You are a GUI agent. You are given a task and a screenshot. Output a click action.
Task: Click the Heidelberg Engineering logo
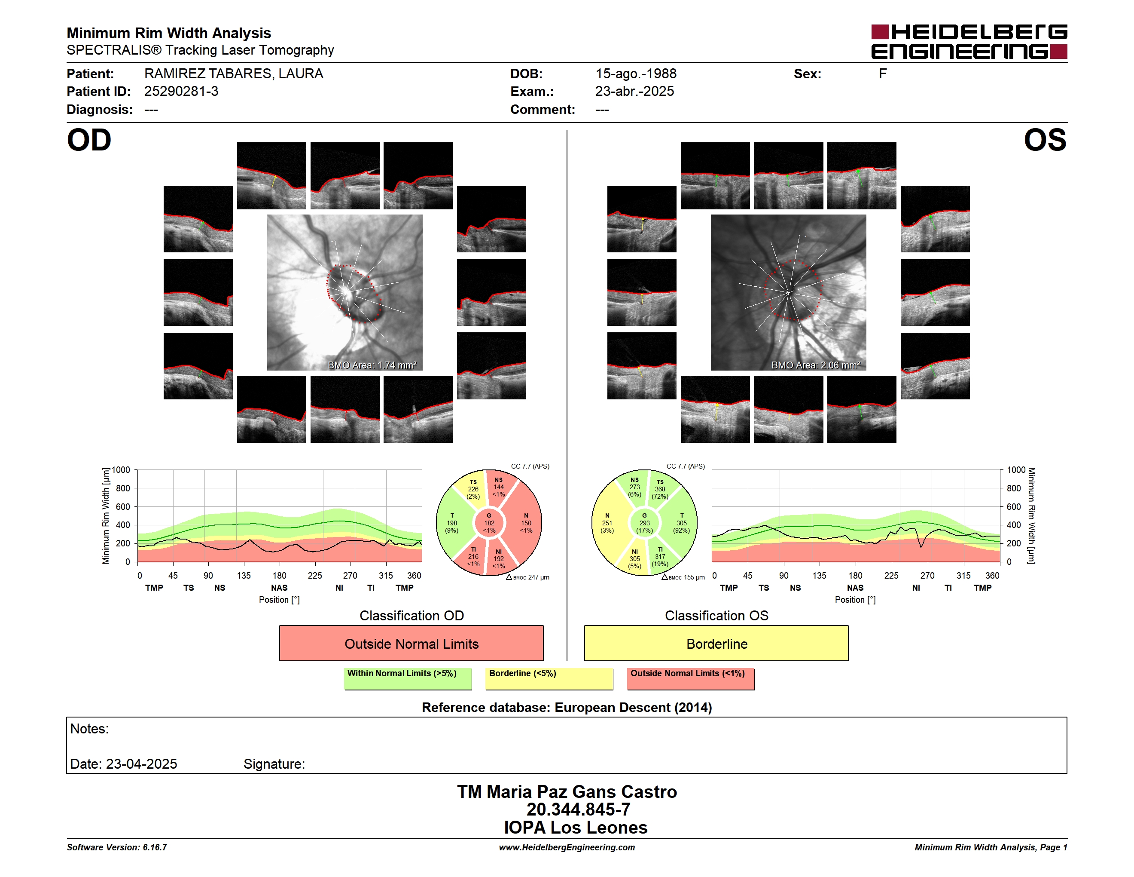[x=969, y=42]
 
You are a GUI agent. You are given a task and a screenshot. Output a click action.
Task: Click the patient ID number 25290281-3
[x=181, y=92]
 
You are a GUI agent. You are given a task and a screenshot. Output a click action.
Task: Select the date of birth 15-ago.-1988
[x=636, y=74]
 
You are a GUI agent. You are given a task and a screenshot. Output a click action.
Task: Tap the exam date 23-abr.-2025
[x=634, y=92]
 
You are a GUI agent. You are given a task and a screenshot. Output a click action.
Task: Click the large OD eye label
[x=89, y=140]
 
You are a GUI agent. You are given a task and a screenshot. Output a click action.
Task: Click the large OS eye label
[x=1045, y=140]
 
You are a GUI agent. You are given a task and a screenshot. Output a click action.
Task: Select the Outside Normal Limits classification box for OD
[x=411, y=643]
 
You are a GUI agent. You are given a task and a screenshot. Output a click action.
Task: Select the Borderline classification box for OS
[x=716, y=643]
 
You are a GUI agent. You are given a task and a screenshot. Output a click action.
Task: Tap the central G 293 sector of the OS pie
[x=644, y=523]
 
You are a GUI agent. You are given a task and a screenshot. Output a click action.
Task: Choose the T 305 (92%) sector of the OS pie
[x=681, y=523]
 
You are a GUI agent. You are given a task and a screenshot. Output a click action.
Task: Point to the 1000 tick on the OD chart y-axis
[x=121, y=470]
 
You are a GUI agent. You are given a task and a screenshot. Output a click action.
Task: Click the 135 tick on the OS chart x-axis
[x=819, y=576]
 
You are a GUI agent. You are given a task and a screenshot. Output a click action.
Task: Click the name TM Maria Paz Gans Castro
[x=567, y=792]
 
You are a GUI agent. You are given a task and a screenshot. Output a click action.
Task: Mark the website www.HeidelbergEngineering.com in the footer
[x=567, y=847]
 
